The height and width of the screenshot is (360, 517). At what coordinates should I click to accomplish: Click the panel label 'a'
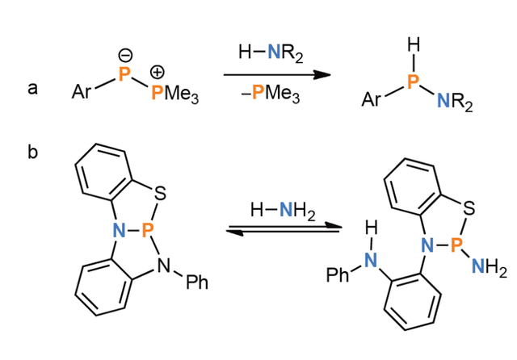(32, 88)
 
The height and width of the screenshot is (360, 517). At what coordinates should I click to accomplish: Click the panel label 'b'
(32, 152)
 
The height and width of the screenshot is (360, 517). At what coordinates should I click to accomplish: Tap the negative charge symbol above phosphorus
(125, 56)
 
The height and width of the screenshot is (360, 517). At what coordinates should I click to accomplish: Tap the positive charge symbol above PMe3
(158, 72)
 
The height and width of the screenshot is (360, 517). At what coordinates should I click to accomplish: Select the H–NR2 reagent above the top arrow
(271, 52)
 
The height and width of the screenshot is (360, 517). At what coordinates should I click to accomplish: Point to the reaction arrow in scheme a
(277, 75)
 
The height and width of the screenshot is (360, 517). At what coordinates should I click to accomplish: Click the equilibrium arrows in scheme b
(284, 228)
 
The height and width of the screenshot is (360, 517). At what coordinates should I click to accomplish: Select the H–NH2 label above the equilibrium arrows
(283, 211)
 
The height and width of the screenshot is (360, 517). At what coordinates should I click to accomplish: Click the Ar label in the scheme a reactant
(81, 91)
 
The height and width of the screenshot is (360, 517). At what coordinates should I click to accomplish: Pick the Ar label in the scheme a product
(371, 99)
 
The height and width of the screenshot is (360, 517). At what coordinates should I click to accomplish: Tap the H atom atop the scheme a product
(414, 44)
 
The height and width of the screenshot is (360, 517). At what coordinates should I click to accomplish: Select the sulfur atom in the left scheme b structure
(160, 194)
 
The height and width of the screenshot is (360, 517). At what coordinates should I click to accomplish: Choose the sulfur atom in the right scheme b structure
(469, 208)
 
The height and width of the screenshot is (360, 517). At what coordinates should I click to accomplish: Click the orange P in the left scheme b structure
(147, 230)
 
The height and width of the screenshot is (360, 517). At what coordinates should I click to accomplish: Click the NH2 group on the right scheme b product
(490, 266)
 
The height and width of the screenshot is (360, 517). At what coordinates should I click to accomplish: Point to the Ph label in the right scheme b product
(338, 274)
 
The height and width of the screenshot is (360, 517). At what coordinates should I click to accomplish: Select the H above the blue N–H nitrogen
(372, 228)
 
